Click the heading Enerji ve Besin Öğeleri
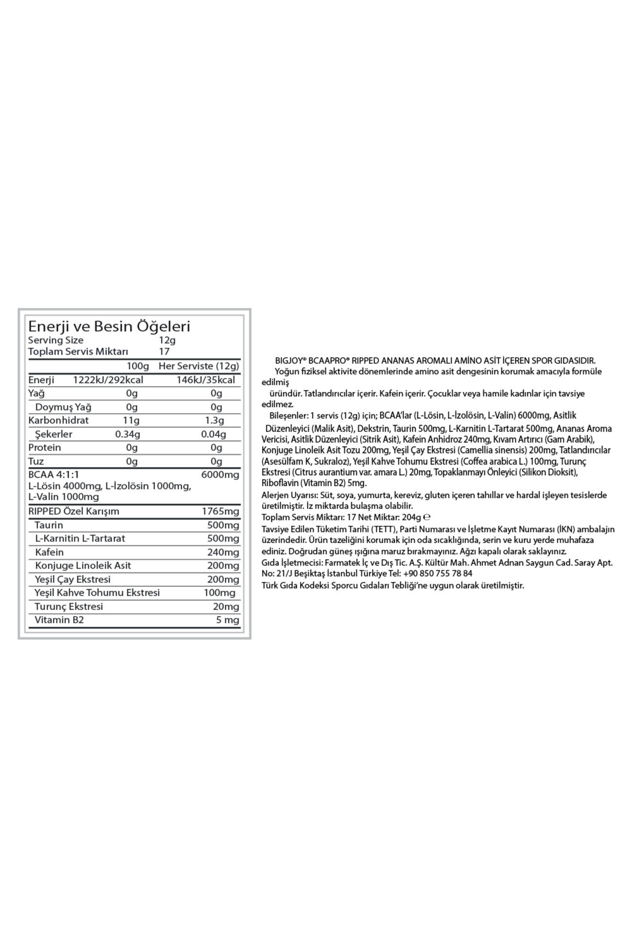point(109,326)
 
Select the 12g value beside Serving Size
point(167,340)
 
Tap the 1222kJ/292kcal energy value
point(108,380)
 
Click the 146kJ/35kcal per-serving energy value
point(206,380)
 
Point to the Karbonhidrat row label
point(58,420)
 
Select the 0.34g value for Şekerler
point(127,434)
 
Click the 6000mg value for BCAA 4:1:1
point(220,475)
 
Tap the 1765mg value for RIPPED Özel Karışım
point(220,511)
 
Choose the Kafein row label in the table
point(49,552)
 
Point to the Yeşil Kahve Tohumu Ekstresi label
point(97,592)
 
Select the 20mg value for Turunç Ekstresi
point(226,607)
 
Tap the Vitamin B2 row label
point(59,620)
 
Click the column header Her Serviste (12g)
point(199,366)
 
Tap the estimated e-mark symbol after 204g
point(427,517)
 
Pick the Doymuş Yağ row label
point(63,407)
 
